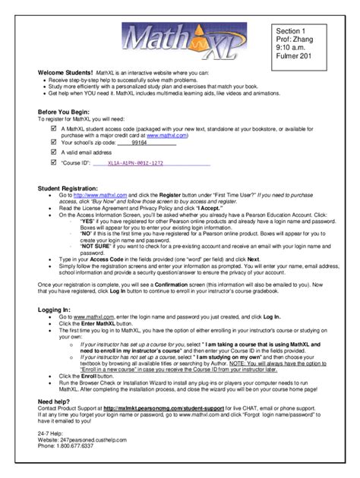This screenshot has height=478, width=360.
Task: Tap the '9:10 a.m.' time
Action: (x=292, y=46)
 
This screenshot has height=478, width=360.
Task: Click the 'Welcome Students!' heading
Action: (x=66, y=72)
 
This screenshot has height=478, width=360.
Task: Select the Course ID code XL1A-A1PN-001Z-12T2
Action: (x=135, y=162)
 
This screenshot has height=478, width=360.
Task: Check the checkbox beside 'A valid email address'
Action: (x=52, y=152)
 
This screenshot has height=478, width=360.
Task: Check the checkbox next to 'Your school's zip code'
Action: (x=52, y=142)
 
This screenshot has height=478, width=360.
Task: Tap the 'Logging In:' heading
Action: (x=54, y=310)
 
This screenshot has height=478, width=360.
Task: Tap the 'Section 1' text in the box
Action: (x=292, y=29)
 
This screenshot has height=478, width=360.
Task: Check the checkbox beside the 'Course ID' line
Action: (x=52, y=162)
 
